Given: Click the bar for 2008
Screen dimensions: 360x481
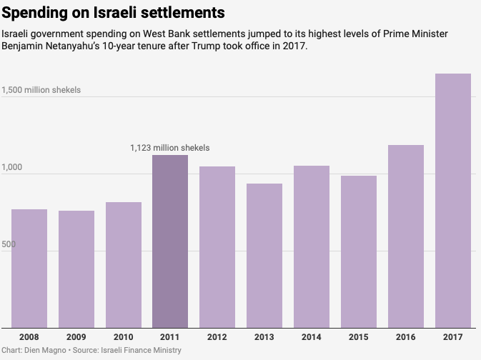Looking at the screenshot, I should pyautogui.click(x=29, y=268).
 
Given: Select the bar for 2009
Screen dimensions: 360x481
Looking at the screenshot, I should pyautogui.click(x=76, y=269).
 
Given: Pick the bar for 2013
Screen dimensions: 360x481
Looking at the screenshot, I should pyautogui.click(x=264, y=256).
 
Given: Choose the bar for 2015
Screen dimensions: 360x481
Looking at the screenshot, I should pyautogui.click(x=359, y=251).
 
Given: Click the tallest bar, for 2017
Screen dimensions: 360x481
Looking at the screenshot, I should pyautogui.click(x=453, y=201).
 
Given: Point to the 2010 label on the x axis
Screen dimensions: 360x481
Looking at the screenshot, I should pyautogui.click(x=124, y=336).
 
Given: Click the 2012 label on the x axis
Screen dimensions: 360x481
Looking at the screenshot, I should pyautogui.click(x=217, y=336).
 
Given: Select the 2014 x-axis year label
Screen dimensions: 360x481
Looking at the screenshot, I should pyautogui.click(x=312, y=336).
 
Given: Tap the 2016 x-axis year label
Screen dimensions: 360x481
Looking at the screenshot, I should pyautogui.click(x=406, y=336).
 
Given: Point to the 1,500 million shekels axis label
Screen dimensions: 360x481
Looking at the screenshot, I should pyautogui.click(x=41, y=91).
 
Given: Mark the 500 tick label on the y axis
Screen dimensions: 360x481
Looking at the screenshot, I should pyautogui.click(x=9, y=245).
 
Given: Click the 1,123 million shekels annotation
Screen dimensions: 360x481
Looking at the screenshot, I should pyautogui.click(x=170, y=148).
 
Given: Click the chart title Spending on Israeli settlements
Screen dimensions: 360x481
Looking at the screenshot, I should pyautogui.click(x=114, y=13).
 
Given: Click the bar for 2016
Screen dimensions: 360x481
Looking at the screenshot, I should pyautogui.click(x=406, y=236).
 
